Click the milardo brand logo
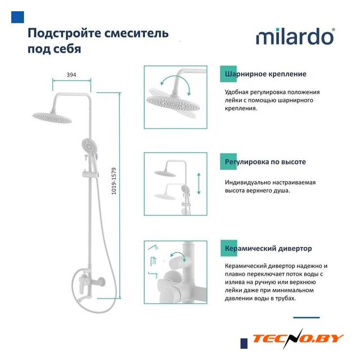295,37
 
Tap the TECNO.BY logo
298,339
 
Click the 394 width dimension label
71,75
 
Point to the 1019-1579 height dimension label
114,181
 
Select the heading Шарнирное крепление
265,74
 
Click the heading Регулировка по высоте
265,162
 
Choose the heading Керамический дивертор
268,249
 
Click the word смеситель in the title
137,33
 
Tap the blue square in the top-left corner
17,17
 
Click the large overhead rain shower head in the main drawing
52,118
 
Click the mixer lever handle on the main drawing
82,285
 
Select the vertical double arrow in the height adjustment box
199,184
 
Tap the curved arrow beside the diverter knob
178,255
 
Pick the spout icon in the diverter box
153,274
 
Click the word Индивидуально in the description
247,182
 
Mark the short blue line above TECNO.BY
306,317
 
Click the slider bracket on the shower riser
91,174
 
